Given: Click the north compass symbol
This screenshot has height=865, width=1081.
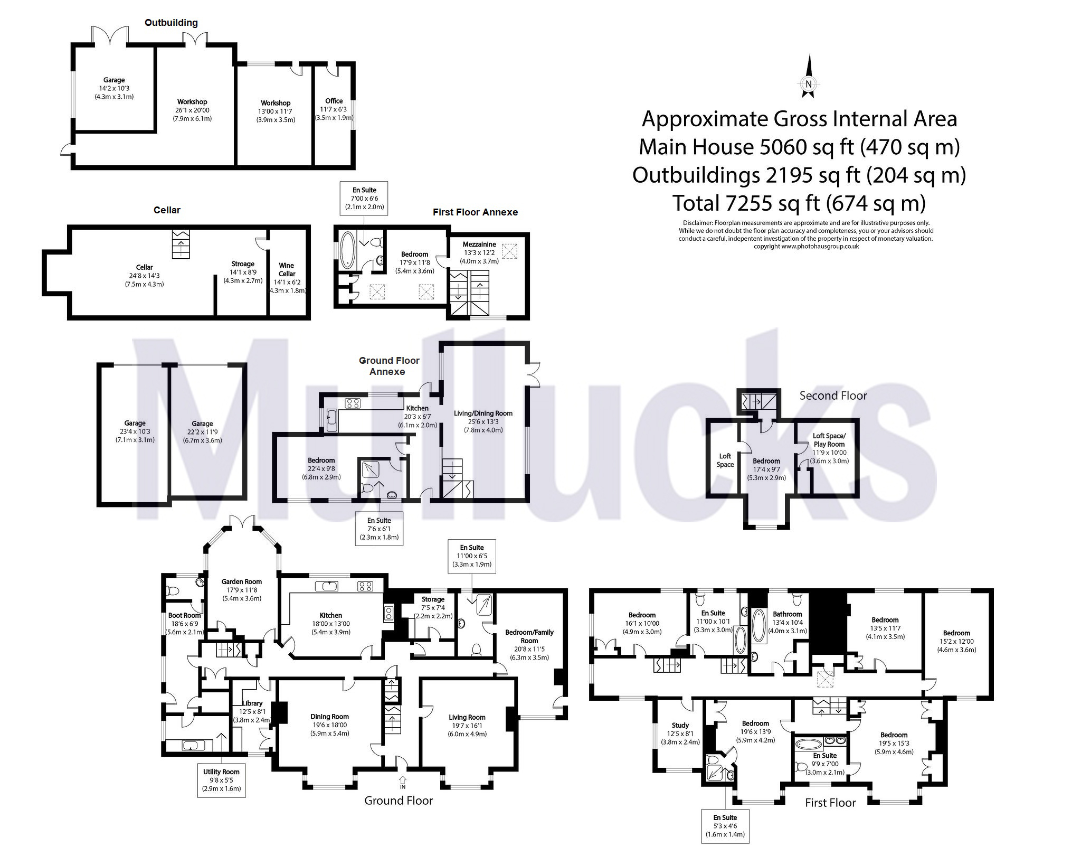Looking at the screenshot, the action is click(808, 76).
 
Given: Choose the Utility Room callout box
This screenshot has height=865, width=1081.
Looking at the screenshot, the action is click(221, 780).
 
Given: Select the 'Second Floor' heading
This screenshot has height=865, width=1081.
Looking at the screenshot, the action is click(833, 396).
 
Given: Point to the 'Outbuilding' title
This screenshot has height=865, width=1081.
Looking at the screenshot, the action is click(172, 22).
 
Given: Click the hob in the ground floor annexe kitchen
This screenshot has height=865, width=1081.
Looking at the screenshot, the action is click(352, 403).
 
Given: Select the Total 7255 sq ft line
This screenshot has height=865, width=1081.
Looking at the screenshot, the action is click(799, 203).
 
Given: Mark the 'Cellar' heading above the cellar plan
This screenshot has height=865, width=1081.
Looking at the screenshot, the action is click(167, 210).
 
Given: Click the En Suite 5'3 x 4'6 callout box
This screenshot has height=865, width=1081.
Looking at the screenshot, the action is click(725, 826).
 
